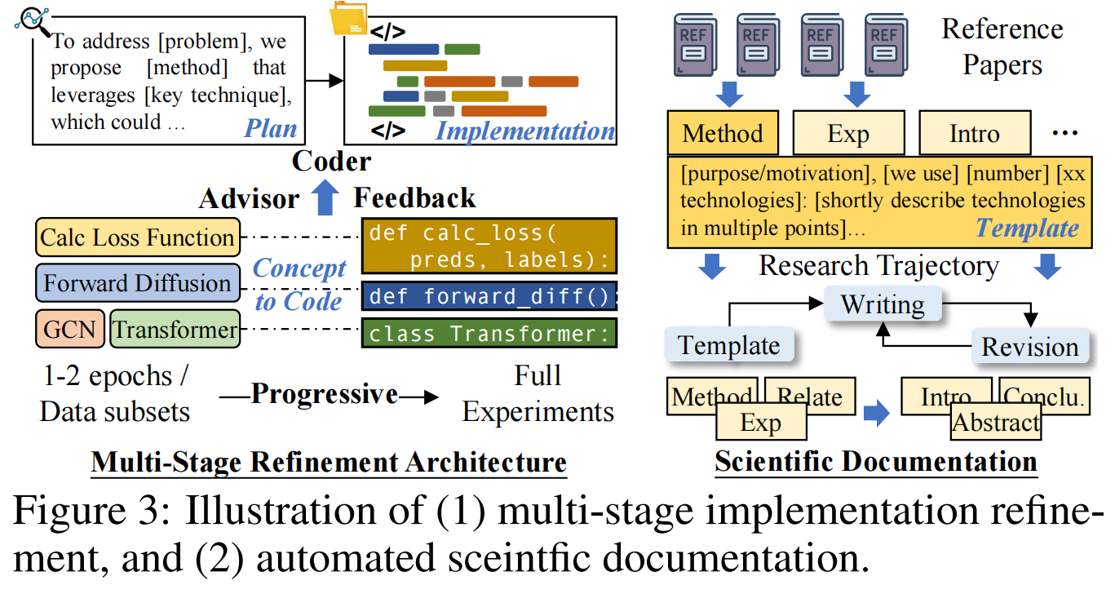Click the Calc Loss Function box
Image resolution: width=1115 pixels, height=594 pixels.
click(138, 238)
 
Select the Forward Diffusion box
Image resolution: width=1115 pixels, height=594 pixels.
click(138, 284)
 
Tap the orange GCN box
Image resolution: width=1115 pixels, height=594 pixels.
click(69, 330)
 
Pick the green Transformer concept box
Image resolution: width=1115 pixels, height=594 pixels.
click(175, 330)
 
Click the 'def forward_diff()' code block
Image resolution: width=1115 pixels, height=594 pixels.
click(489, 295)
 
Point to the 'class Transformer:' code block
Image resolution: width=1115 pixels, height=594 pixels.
click(489, 334)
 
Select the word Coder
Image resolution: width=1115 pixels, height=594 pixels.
click(331, 161)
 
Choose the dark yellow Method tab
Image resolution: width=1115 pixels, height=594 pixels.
click(723, 133)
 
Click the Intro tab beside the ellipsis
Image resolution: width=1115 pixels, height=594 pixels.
click(974, 133)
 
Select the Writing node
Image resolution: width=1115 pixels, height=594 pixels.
click(882, 305)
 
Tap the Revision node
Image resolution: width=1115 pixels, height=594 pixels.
click(1029, 346)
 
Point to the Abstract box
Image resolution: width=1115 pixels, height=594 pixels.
click(996, 423)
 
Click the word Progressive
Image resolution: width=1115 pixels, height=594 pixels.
click(324, 394)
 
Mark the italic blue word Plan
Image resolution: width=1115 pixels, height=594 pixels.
click(271, 129)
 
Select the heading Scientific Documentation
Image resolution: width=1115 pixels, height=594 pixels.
click(876, 462)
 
